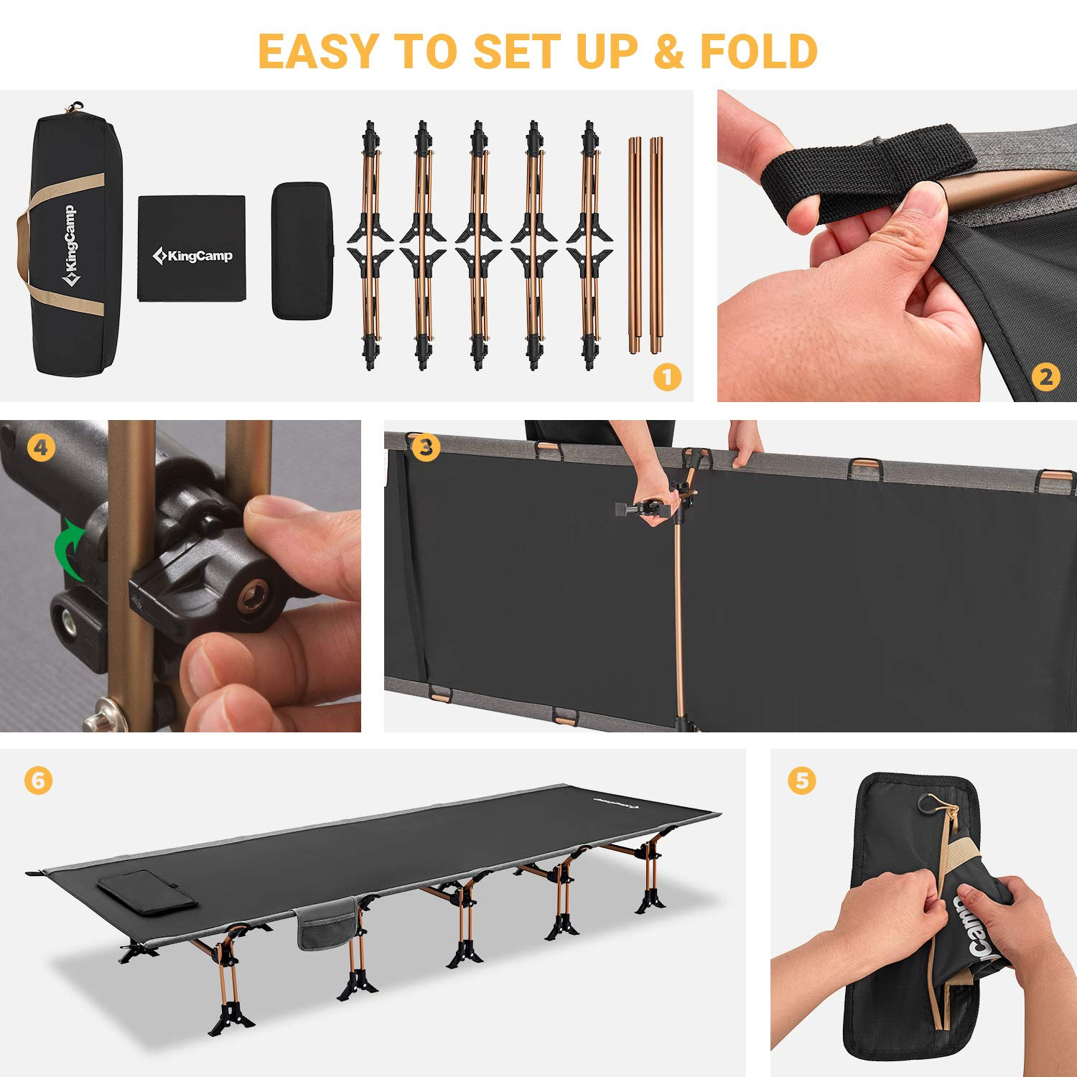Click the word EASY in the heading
(x=318, y=52)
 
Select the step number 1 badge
(x=667, y=377)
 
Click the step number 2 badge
(x=1045, y=377)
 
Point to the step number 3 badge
(x=426, y=448)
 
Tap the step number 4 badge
(x=41, y=448)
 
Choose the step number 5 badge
(x=802, y=780)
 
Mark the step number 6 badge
(x=38, y=780)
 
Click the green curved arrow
(x=70, y=549)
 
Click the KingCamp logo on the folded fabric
(x=192, y=256)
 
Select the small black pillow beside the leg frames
(x=302, y=250)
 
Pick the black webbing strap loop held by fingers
(x=862, y=172)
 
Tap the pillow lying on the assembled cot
(x=148, y=892)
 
